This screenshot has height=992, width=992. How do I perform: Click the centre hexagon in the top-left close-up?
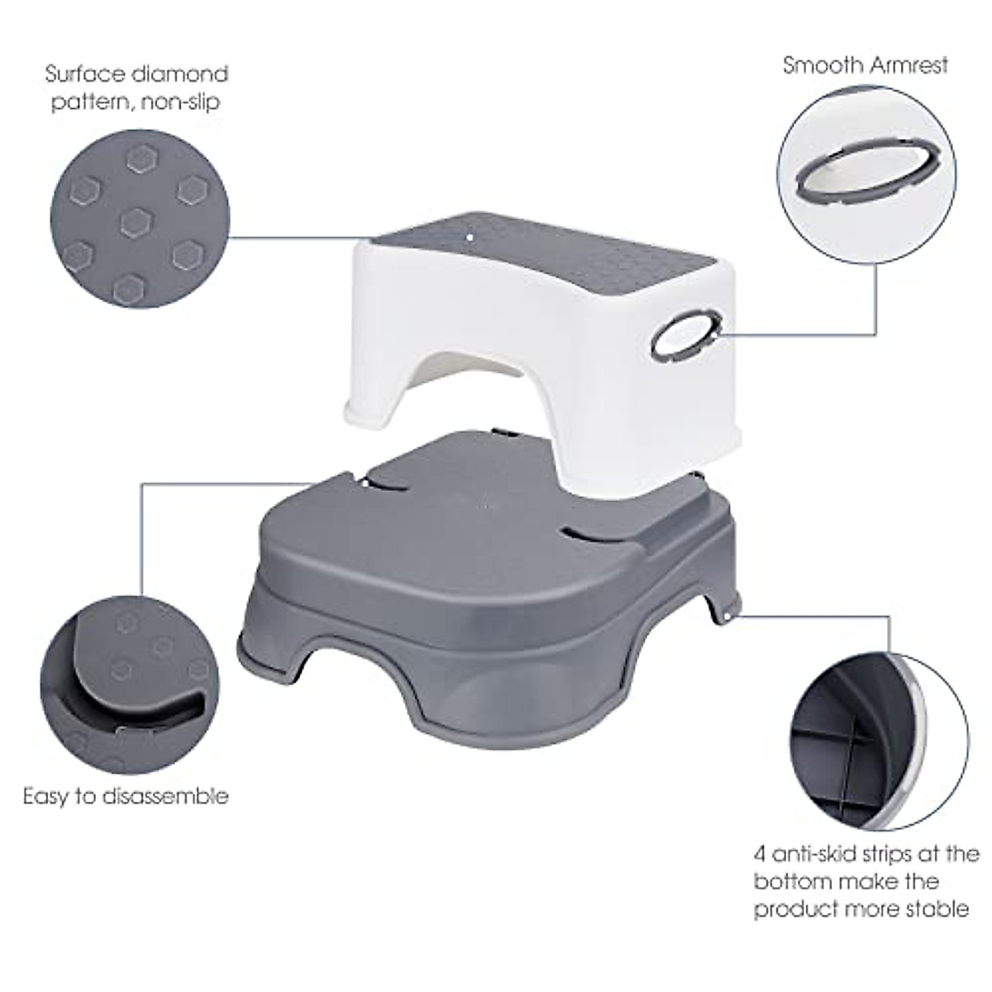point(135,221)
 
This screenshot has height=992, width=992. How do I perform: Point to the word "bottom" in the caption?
point(788,881)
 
